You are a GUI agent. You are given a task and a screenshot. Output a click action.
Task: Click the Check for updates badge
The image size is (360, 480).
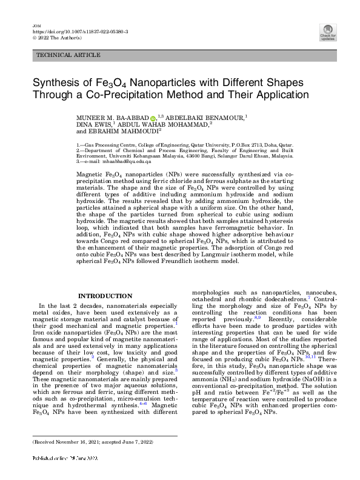point(327,33)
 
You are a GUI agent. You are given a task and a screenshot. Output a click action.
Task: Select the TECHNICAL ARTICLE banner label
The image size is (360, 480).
point(68,55)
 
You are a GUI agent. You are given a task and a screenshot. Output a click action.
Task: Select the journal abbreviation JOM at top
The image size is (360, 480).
point(36,24)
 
